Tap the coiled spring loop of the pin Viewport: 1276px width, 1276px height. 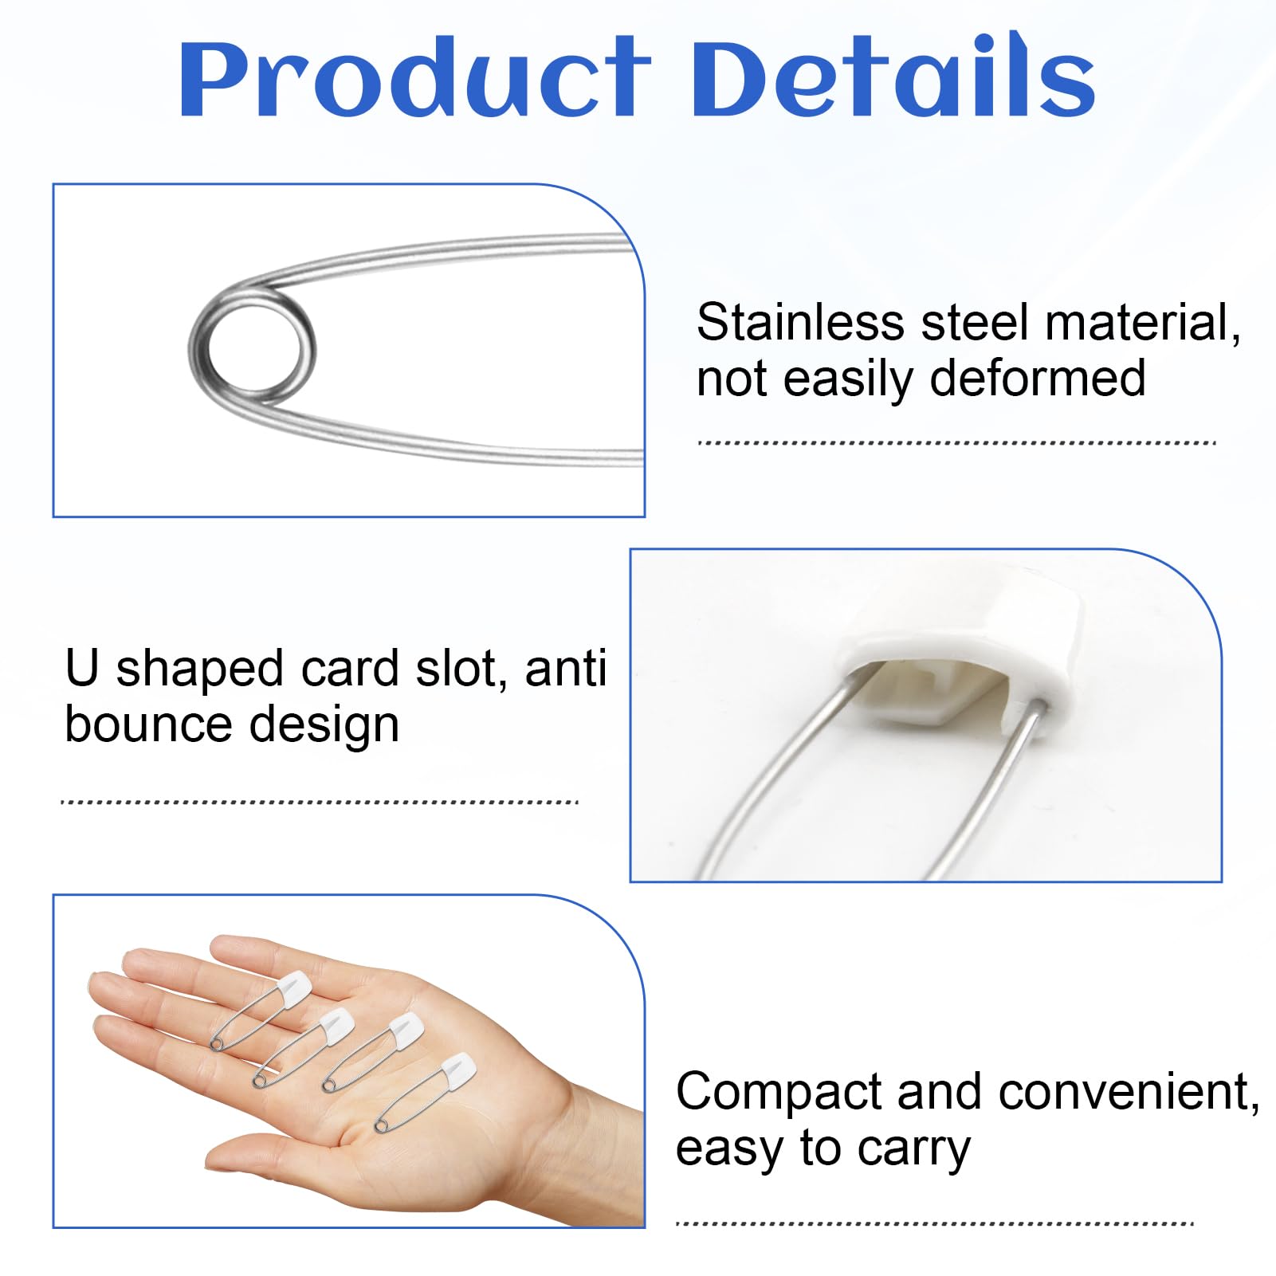(x=253, y=348)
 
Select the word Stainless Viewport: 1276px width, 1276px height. (x=800, y=322)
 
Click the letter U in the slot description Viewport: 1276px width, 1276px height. (x=82, y=668)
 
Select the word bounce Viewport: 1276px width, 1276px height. (x=150, y=724)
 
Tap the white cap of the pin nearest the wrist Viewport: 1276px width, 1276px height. (x=457, y=1067)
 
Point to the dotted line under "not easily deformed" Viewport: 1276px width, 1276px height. (x=956, y=443)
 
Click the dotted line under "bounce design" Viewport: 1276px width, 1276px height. (x=320, y=802)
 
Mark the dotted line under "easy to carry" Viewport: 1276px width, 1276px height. (x=934, y=1223)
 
